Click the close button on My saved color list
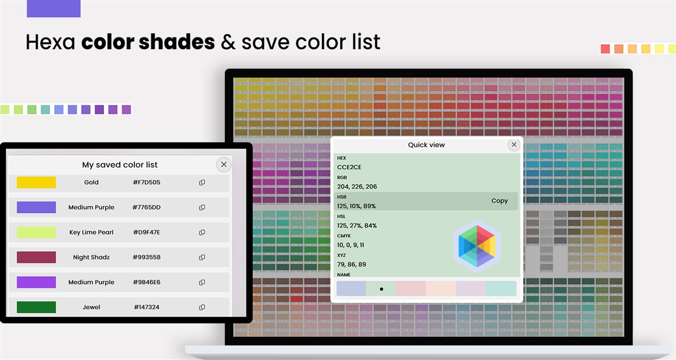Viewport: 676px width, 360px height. pos(224,164)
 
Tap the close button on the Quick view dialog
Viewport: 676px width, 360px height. pos(514,144)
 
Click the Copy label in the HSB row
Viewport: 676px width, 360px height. pos(499,201)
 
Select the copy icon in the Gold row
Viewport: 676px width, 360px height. pos(202,183)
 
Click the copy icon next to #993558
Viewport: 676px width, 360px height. pos(202,258)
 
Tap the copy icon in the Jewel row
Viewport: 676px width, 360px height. pos(202,307)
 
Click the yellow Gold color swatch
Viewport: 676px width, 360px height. pos(36,182)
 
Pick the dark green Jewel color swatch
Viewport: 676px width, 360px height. pos(36,307)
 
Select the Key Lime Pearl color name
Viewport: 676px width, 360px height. pos(91,232)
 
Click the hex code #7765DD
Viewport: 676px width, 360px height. pos(146,207)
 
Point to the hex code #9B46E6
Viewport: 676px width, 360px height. pos(146,282)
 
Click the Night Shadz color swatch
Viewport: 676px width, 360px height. pos(36,257)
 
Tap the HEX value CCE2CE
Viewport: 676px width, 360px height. pos(349,167)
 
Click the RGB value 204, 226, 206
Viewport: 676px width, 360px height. pos(357,187)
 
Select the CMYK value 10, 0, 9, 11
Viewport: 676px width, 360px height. pos(351,245)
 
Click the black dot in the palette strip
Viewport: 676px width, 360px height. pos(381,289)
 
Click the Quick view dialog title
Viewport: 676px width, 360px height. pos(426,144)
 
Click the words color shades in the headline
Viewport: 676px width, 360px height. pos(148,42)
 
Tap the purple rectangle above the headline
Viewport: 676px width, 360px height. pos(54,8)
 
